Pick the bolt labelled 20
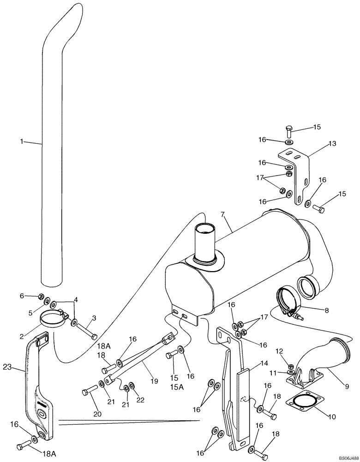point(87,392)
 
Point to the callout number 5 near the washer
point(31,312)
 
